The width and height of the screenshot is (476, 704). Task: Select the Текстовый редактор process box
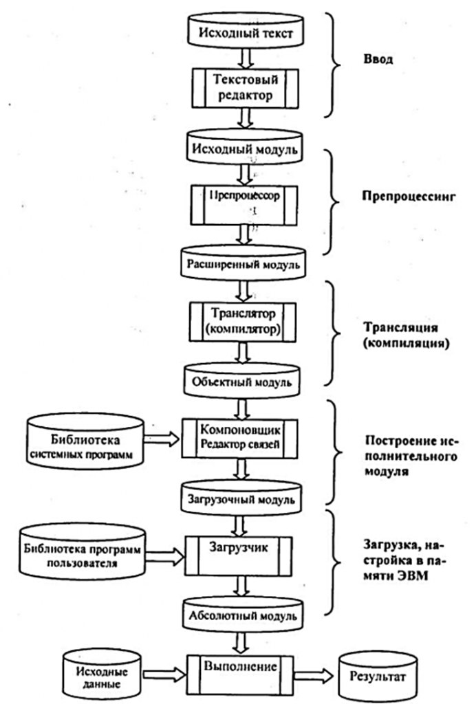[x=245, y=88]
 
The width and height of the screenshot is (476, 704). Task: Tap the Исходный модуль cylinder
[x=245, y=146]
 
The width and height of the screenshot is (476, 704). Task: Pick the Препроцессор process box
[x=244, y=205]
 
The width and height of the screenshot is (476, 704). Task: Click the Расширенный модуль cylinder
[x=244, y=262]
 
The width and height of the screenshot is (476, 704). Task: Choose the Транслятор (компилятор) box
[x=243, y=322]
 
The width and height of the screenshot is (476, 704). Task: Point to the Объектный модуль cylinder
[x=242, y=379]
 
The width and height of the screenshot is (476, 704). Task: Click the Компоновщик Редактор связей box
[x=240, y=438]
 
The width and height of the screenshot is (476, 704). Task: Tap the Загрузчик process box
[x=239, y=555]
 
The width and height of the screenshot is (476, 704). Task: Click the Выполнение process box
[x=240, y=674]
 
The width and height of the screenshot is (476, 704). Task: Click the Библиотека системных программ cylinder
[x=85, y=441]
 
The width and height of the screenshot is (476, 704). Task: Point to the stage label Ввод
[x=378, y=59]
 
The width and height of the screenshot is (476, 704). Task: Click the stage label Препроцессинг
[x=409, y=196]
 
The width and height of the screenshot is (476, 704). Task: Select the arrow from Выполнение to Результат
[x=314, y=675]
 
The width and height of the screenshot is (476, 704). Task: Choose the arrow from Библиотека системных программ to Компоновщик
[x=162, y=439]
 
